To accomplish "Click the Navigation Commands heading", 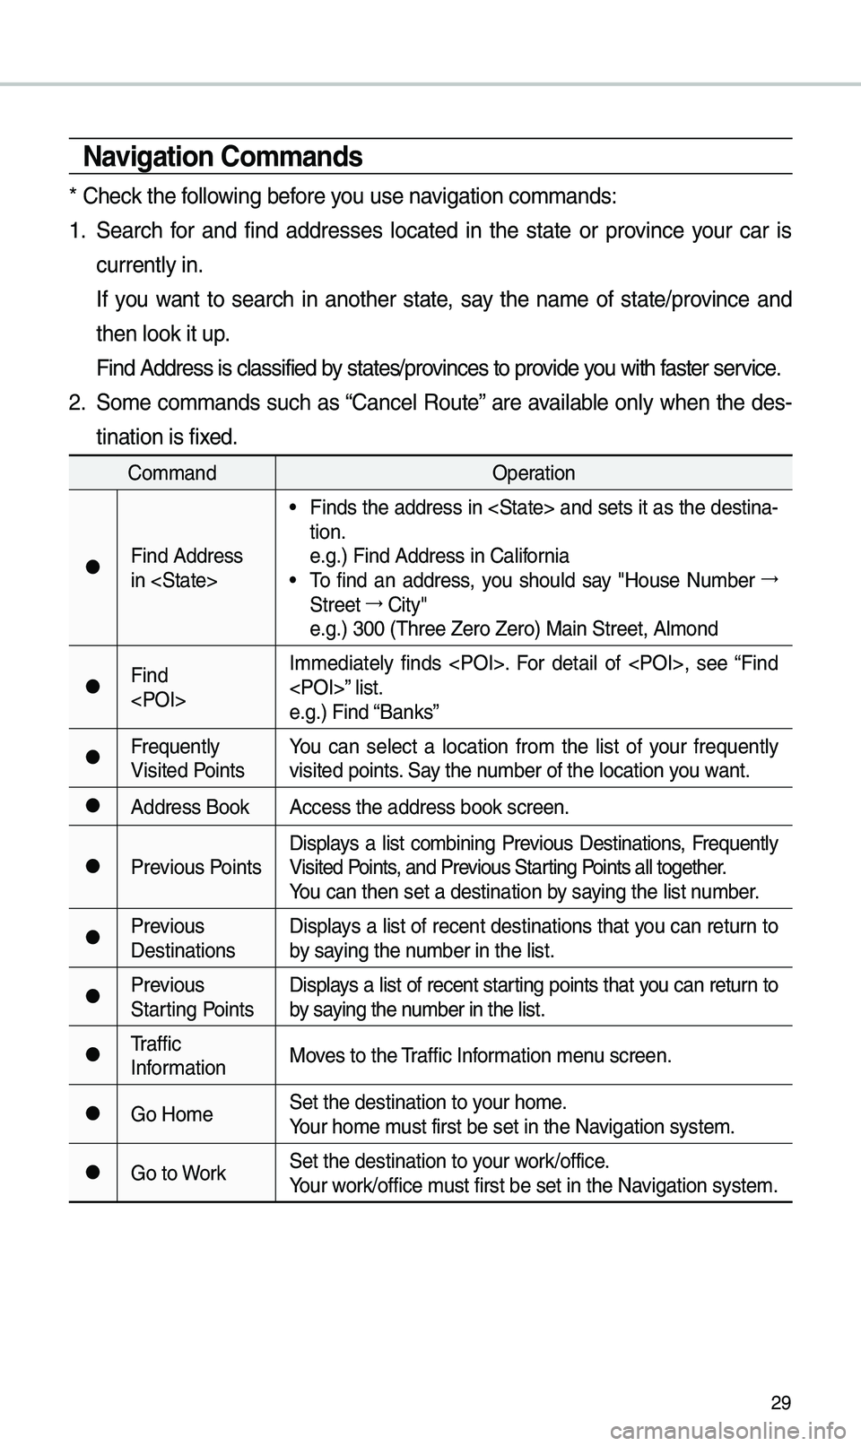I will pyautogui.click(x=222, y=157).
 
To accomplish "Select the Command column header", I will pyautogui.click(x=171, y=472).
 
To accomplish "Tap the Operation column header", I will pyautogui.click(x=534, y=472).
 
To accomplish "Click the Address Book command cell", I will pyautogui.click(x=190, y=807).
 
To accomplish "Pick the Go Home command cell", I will pyautogui.click(x=172, y=1114).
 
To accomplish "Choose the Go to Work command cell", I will pyautogui.click(x=178, y=1173).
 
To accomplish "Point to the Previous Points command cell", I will pyautogui.click(x=196, y=867).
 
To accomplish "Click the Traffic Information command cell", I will pyautogui.click(x=178, y=1055).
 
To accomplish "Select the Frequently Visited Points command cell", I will pyautogui.click(x=187, y=758).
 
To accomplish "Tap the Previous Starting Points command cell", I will pyautogui.click(x=192, y=997).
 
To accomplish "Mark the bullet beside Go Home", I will pyautogui.click(x=92, y=1114).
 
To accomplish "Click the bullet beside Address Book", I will pyautogui.click(x=92, y=807).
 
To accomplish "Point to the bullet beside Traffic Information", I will pyautogui.click(x=92, y=1055).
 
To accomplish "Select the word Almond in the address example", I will pyautogui.click(x=685, y=628).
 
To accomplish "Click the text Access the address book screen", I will pyautogui.click(x=428, y=807).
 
